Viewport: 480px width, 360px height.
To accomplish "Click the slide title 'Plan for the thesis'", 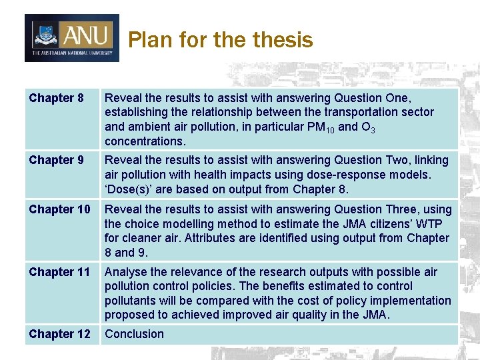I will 220,40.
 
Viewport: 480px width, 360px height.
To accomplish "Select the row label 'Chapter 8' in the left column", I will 56,98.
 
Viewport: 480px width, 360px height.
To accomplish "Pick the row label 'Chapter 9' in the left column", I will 56,160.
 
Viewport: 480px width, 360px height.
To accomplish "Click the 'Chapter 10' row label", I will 59,209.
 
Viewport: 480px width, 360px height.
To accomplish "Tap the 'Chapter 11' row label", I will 59,272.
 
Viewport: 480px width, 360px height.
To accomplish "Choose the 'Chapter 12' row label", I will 59,334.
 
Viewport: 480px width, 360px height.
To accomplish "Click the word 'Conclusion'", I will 134,334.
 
